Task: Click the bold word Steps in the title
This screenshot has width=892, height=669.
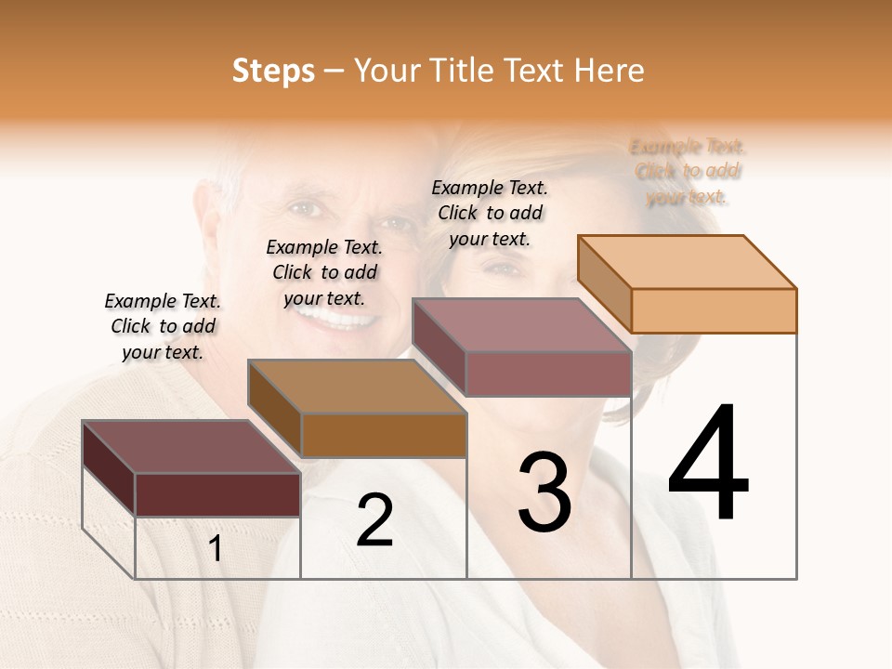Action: point(273,71)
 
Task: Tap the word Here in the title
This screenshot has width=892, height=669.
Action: point(609,71)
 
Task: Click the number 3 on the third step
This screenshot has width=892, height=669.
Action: point(544,492)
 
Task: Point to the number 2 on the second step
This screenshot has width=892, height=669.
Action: point(374,520)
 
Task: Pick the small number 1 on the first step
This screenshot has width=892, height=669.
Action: point(216,549)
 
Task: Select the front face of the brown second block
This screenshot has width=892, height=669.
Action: point(384,435)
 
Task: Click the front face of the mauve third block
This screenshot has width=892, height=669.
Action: point(548,374)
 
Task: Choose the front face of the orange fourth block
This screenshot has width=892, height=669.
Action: point(714,310)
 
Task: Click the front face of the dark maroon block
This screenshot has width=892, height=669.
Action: point(217,494)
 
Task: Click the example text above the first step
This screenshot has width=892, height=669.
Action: point(163,326)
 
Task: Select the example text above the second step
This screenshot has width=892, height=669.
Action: point(324,272)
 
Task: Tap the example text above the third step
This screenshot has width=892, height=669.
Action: point(490,213)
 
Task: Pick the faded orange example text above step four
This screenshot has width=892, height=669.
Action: point(688,171)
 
